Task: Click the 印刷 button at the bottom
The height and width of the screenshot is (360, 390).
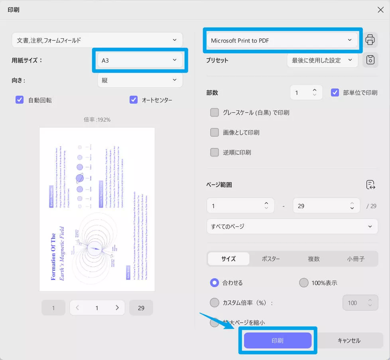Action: (x=278, y=340)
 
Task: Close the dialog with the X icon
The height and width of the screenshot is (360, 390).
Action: (x=380, y=10)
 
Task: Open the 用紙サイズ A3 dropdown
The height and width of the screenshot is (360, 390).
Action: (x=140, y=60)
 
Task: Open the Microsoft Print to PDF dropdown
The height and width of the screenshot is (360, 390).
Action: (x=282, y=40)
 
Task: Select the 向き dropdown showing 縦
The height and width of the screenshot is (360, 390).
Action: (x=140, y=80)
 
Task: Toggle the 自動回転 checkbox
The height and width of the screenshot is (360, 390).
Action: (x=20, y=100)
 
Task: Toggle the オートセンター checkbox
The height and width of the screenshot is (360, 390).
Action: (x=134, y=100)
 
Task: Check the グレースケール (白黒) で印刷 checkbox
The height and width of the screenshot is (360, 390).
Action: (x=215, y=112)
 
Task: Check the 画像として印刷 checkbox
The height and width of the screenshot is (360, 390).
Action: (x=215, y=132)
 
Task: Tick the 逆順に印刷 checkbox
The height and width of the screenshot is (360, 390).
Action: (x=215, y=152)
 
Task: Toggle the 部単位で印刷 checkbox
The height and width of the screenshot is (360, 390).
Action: (x=335, y=92)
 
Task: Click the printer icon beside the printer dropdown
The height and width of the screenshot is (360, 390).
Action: (x=370, y=40)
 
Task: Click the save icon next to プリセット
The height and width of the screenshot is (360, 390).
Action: (x=370, y=60)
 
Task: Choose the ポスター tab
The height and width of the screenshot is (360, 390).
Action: (x=271, y=259)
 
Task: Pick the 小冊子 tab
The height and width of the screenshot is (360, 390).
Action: (x=356, y=259)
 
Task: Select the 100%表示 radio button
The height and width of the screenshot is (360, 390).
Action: (x=304, y=283)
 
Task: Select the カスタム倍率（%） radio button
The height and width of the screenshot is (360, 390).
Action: (x=215, y=303)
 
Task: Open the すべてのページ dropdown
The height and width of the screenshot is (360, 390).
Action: (x=292, y=226)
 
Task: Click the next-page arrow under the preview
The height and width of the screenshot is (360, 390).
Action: (x=117, y=308)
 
